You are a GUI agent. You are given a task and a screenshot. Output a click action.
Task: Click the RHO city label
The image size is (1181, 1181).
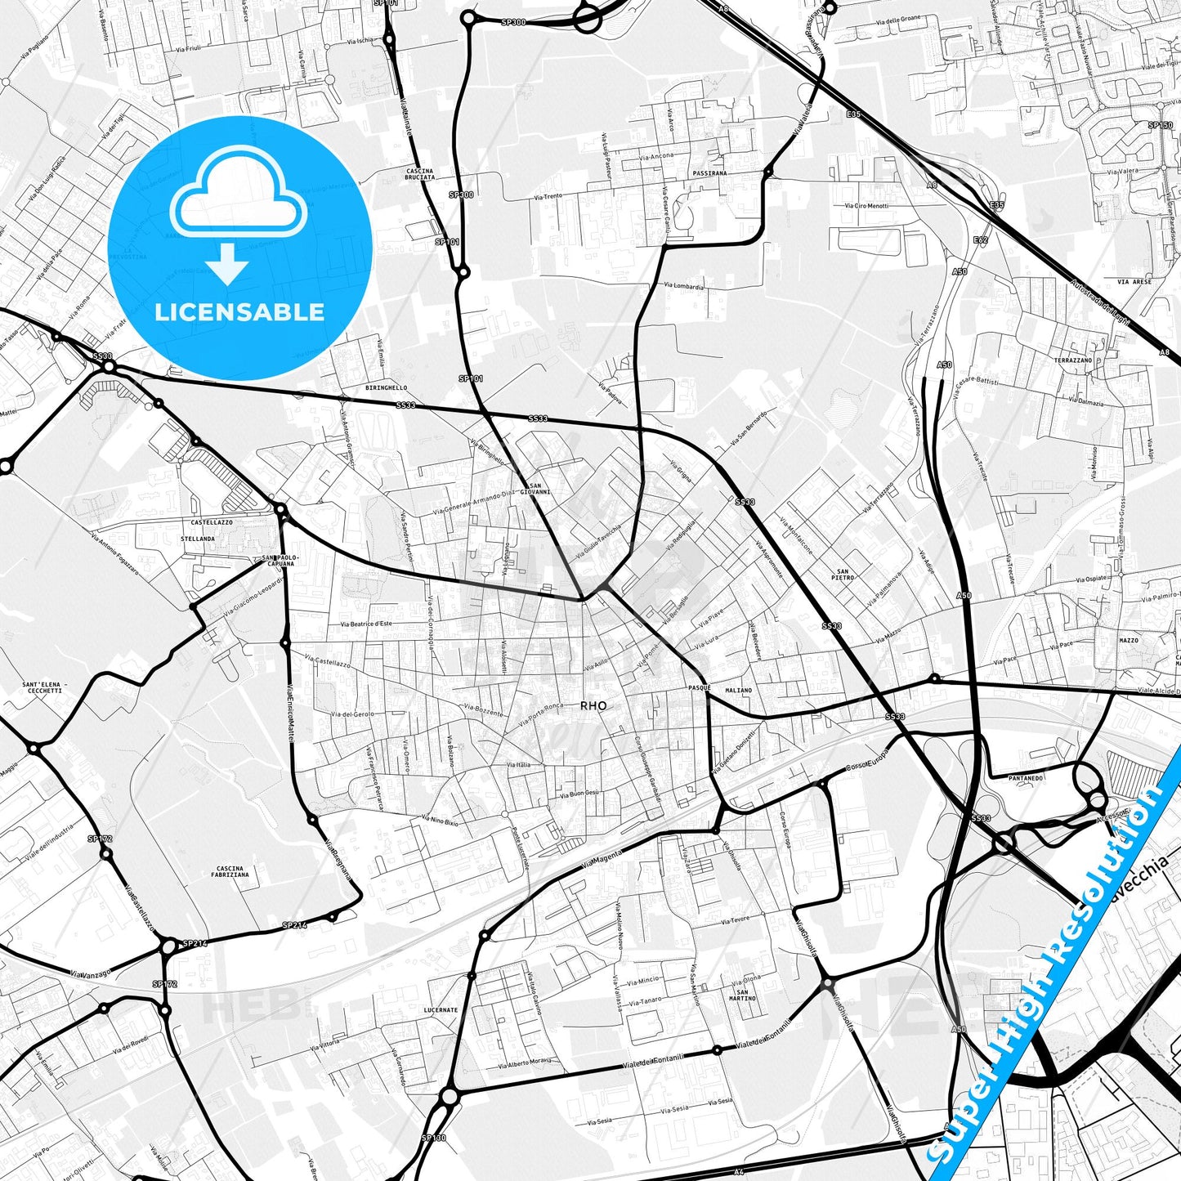click(x=593, y=705)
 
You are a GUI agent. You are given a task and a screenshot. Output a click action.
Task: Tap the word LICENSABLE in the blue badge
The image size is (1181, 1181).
click(x=239, y=312)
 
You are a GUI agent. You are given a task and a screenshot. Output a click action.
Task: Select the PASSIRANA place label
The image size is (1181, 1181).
click(x=709, y=173)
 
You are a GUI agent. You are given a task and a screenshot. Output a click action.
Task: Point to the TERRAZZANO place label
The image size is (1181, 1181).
click(x=1073, y=360)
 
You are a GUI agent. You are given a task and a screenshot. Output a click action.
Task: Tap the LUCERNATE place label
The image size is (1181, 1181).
click(x=441, y=1010)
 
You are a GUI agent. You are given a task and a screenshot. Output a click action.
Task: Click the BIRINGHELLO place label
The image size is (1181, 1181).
click(x=387, y=388)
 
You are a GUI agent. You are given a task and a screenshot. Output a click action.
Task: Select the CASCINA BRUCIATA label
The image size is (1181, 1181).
click(x=419, y=174)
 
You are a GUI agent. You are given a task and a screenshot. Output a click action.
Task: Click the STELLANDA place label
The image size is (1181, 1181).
click(x=198, y=539)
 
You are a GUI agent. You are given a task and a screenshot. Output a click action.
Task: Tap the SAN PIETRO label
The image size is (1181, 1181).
click(x=843, y=574)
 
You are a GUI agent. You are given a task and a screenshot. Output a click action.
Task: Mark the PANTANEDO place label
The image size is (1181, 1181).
click(x=1026, y=778)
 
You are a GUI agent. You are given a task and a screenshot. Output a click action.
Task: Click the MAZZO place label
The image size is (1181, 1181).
click(x=1129, y=640)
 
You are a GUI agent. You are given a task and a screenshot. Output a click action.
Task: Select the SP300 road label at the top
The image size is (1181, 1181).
click(x=514, y=22)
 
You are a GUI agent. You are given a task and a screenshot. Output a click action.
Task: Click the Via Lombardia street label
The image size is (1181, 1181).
click(x=683, y=286)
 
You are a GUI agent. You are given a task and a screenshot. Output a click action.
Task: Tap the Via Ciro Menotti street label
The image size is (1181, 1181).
click(x=866, y=206)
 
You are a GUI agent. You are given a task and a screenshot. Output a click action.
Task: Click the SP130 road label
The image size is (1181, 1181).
click(x=434, y=1138)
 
